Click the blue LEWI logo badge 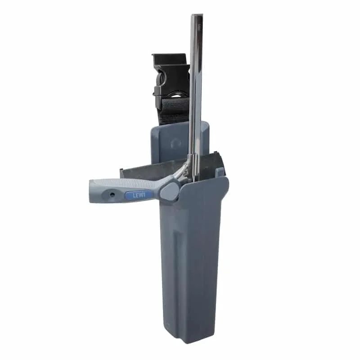(139, 195)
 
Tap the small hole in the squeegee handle (112, 195)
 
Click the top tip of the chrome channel (197, 15)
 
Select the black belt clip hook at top (171, 60)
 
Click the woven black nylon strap (175, 110)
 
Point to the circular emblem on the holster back (176, 144)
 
